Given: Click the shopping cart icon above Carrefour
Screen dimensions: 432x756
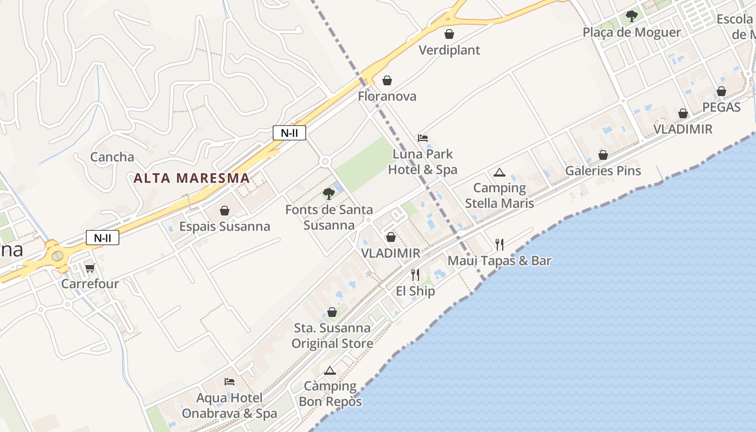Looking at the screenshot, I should [90, 268].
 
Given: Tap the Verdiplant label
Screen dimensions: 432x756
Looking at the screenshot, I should [449, 50].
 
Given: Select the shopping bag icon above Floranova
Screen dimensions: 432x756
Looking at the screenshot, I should [387, 81].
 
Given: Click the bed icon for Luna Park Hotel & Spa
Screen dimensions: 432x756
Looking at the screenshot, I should [423, 138].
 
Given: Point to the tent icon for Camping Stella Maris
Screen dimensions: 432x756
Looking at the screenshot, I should [500, 173].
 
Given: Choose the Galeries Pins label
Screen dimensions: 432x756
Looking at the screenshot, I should [603, 171].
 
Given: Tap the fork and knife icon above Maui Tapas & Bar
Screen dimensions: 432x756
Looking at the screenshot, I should [500, 245].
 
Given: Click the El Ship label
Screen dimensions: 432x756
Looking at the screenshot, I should [415, 291].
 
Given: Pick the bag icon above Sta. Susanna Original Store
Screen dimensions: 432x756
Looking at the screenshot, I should [332, 312].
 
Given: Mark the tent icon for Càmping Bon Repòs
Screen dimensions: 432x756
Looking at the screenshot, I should [330, 370].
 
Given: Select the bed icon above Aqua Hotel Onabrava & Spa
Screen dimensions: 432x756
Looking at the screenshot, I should [230, 382].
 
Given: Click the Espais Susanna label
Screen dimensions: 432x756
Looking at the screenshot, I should [225, 226].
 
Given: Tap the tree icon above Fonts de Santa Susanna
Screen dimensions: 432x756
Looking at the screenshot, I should [328, 194].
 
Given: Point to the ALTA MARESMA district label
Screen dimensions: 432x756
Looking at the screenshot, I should [191, 178].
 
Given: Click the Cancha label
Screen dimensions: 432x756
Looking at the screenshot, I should [112, 157].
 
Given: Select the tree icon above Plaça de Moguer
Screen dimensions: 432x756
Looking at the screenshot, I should [631, 16].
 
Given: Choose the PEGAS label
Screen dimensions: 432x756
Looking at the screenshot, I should [721, 107].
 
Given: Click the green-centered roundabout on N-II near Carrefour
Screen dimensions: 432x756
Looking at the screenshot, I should [57, 256].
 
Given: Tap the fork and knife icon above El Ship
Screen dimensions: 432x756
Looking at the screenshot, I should [415, 275].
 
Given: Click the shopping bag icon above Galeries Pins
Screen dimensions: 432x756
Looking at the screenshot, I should [603, 156].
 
